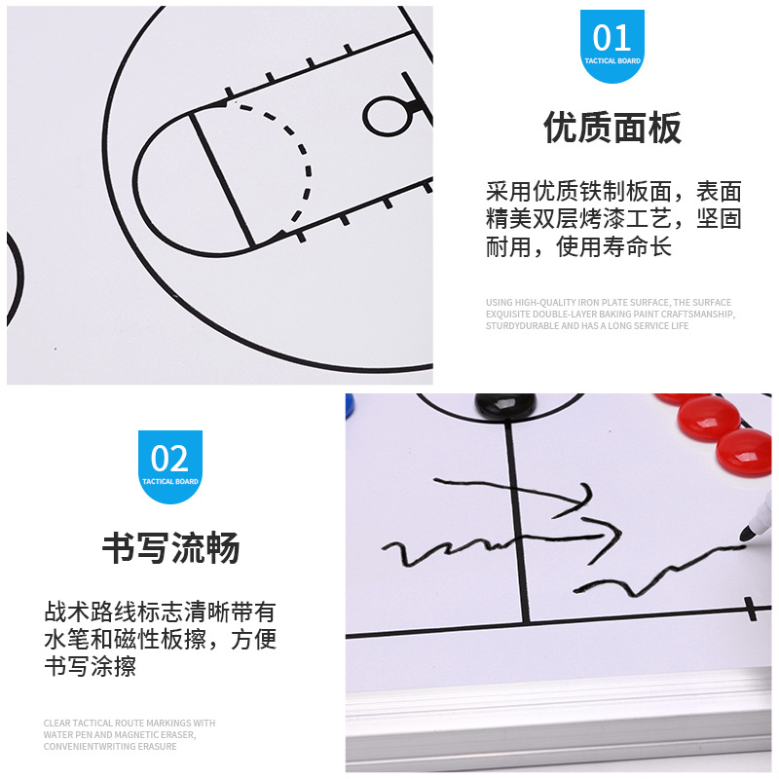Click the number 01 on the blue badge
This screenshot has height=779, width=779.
click(x=612, y=38)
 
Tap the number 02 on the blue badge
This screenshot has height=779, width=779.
click(x=170, y=458)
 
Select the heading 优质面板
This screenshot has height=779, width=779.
click(x=612, y=128)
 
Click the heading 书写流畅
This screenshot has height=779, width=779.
click(x=170, y=548)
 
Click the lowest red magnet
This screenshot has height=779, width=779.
click(x=745, y=450)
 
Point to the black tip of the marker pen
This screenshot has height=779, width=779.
click(x=747, y=531)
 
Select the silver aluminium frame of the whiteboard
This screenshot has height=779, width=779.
click(x=555, y=721)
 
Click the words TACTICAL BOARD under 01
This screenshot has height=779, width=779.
click(x=612, y=60)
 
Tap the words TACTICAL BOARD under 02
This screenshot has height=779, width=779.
click(x=170, y=481)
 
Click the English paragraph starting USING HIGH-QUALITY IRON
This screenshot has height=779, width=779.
click(x=610, y=314)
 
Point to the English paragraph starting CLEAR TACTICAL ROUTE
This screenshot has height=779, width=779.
click(x=130, y=734)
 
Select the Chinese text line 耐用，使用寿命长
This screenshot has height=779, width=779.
click(x=578, y=247)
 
